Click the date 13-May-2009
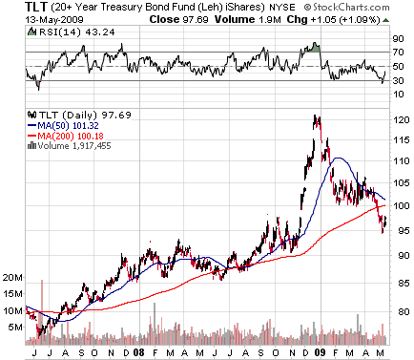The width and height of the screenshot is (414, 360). tap(30, 20)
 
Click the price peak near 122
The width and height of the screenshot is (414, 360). tap(315, 117)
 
